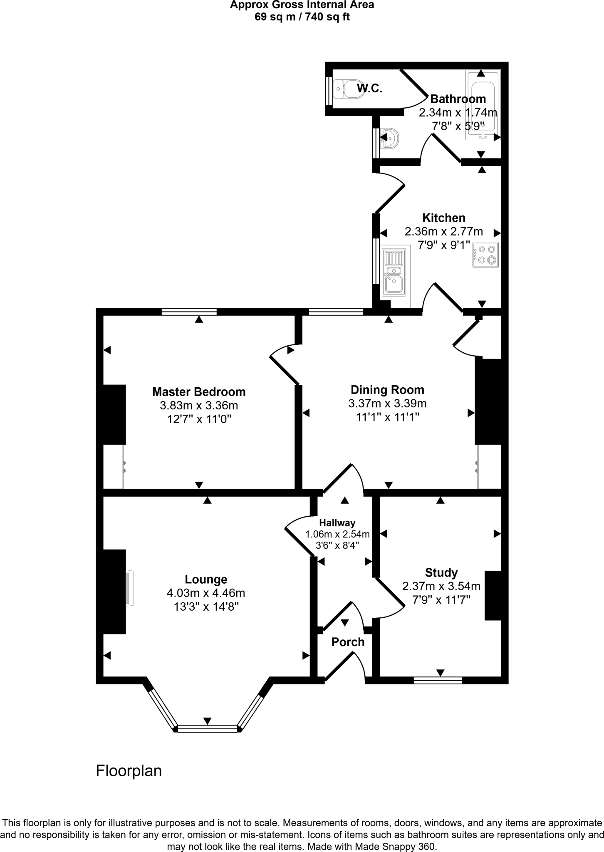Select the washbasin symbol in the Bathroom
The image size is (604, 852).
click(x=390, y=138)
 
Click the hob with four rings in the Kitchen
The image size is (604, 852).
click(x=485, y=255)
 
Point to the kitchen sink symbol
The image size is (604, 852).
click(x=394, y=272)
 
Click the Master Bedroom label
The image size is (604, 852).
click(x=199, y=392)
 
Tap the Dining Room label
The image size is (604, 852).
click(x=387, y=390)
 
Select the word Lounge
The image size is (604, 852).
click(x=206, y=580)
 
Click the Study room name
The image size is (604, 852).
click(x=441, y=573)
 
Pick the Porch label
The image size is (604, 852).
click(x=348, y=642)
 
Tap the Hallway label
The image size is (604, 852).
click(x=337, y=523)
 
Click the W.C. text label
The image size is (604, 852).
click(x=369, y=88)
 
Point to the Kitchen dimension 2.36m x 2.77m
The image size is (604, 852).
click(x=443, y=231)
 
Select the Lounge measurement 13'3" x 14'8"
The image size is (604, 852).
click(x=206, y=606)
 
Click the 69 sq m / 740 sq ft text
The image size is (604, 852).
click(x=302, y=17)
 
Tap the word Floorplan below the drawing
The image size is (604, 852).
click(x=129, y=771)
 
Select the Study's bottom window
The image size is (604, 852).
click(x=438, y=680)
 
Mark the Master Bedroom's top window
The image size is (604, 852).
click(x=189, y=312)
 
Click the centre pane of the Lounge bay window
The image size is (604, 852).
click(x=207, y=728)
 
